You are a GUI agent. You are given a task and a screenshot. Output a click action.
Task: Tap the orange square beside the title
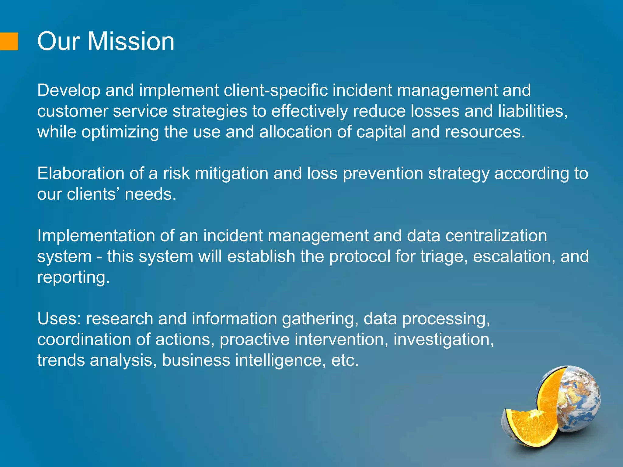coord(9,41)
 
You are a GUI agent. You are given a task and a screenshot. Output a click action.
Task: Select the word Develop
coord(68,90)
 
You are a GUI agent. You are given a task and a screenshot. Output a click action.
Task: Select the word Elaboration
coord(81,174)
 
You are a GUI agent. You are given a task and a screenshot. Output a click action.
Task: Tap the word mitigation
coord(231,174)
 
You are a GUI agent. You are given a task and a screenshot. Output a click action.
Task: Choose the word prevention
coord(383,174)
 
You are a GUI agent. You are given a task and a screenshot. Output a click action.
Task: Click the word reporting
coord(73,278)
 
